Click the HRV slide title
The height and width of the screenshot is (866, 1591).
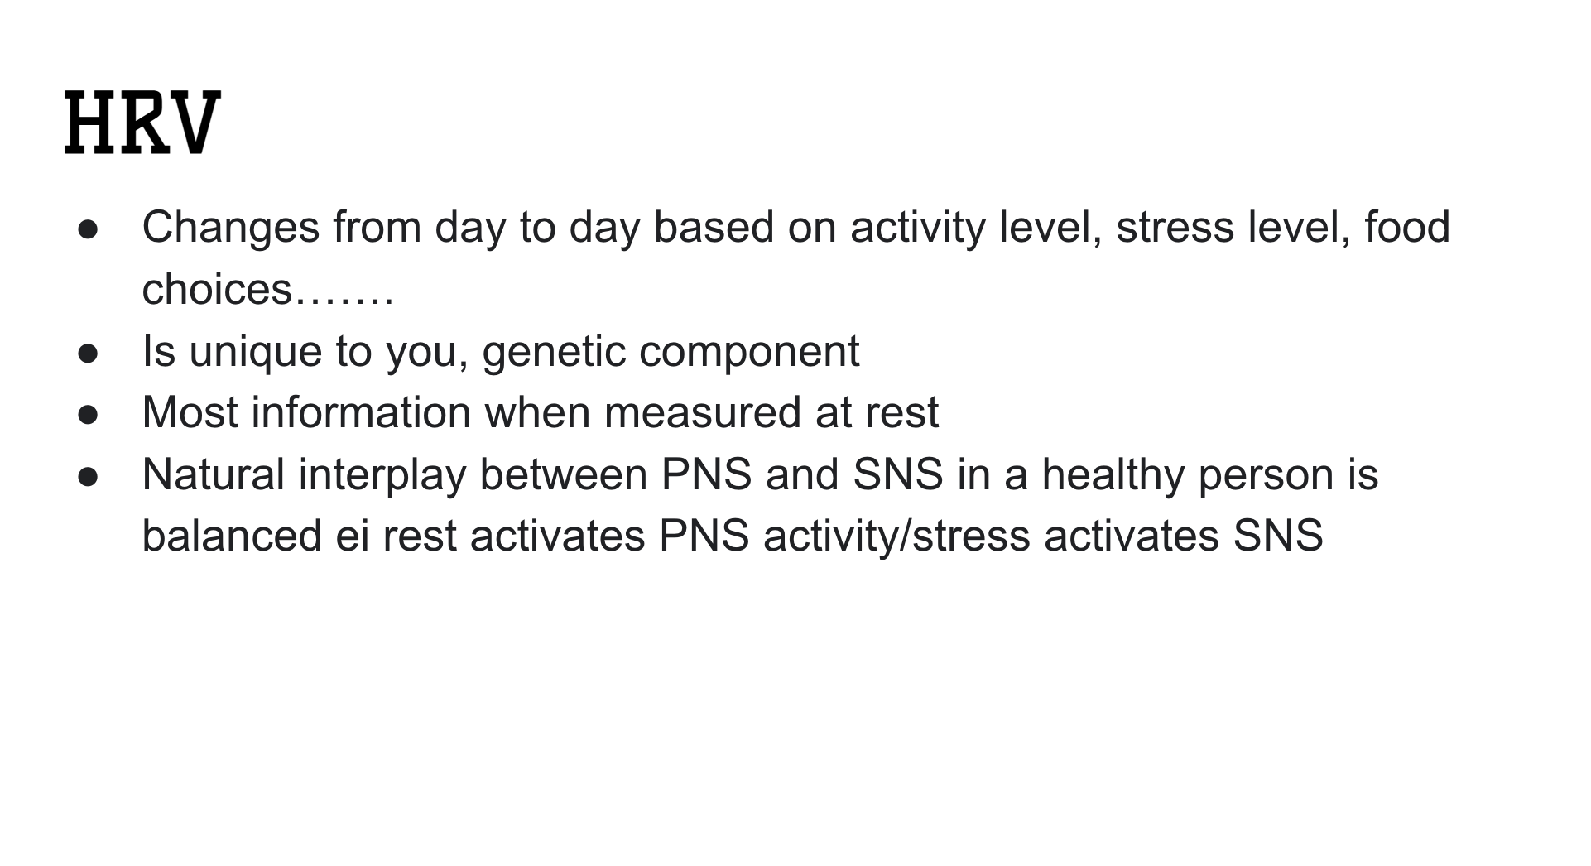[x=142, y=123]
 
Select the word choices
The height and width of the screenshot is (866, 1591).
[x=218, y=289]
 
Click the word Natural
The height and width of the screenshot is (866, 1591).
[x=214, y=474]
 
